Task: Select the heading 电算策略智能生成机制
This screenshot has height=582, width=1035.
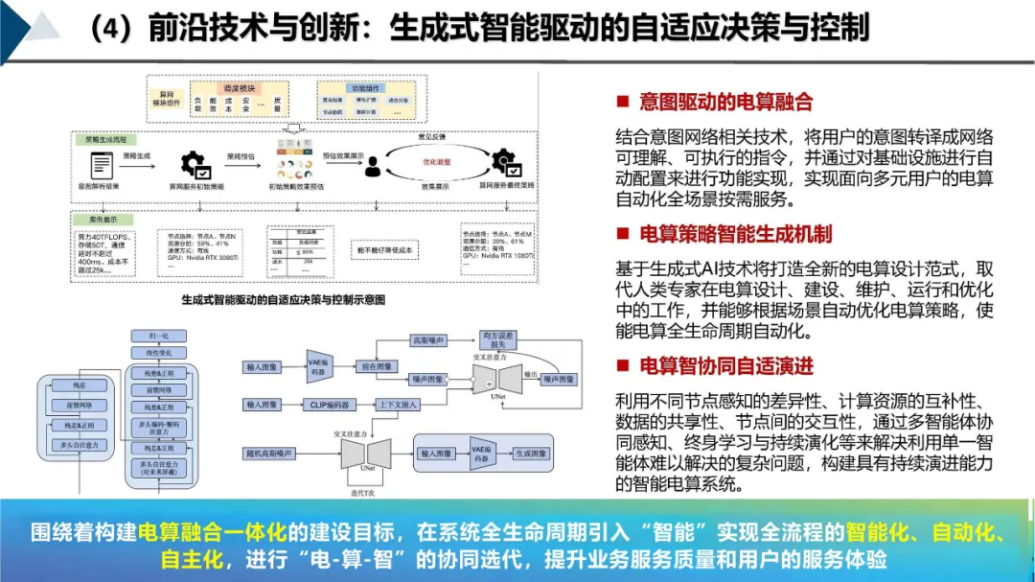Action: click(x=735, y=234)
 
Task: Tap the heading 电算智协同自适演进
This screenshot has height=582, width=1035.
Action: click(x=725, y=365)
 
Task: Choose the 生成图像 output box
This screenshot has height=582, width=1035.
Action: click(x=530, y=453)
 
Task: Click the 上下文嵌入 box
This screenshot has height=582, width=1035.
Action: click(x=399, y=405)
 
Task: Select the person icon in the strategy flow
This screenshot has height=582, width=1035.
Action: click(x=373, y=164)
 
